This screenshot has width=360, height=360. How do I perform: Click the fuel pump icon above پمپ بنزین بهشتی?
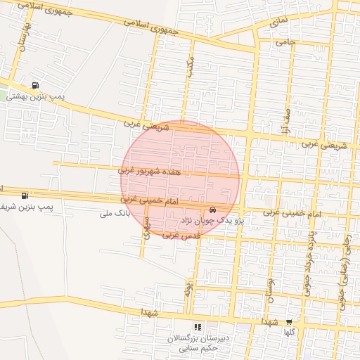pos(36,84)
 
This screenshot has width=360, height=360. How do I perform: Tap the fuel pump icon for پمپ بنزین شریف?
pos(25,195)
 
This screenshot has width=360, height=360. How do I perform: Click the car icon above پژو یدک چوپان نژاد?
pos(212,210)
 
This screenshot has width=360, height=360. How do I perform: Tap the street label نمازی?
pos(277,27)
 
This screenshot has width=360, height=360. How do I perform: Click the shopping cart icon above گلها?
pos(289,321)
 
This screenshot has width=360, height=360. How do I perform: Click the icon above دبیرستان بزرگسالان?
pos(198,327)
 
